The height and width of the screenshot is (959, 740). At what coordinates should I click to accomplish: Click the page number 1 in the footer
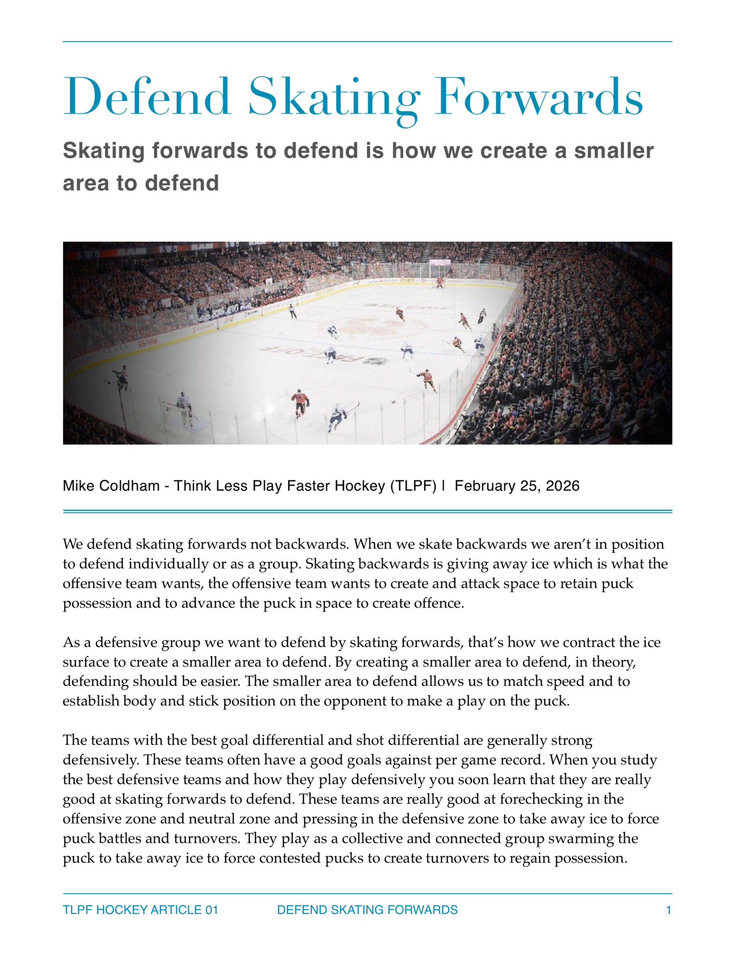pyautogui.click(x=668, y=910)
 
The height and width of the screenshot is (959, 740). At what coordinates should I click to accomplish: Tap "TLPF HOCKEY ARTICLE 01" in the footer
pyautogui.click(x=141, y=910)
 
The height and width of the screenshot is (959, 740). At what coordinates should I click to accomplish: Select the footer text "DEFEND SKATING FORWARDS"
pyautogui.click(x=367, y=910)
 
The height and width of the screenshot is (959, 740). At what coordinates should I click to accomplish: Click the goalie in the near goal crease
pyautogui.click(x=184, y=406)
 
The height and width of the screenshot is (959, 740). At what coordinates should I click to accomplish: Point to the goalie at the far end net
pyautogui.click(x=439, y=282)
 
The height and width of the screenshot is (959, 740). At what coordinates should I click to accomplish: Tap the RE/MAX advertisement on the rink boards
pyautogui.click(x=148, y=343)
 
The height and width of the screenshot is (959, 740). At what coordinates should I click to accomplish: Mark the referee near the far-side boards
pyautogui.click(x=293, y=310)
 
